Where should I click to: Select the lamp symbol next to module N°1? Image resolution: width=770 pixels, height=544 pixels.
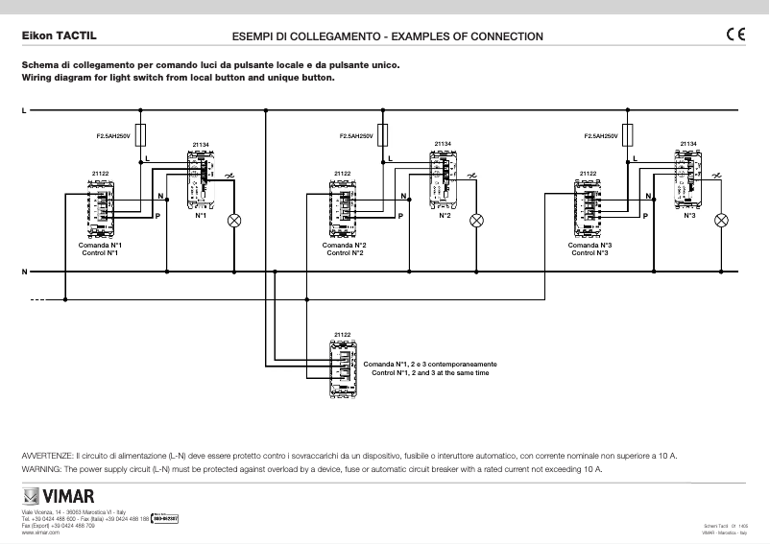[x=232, y=220]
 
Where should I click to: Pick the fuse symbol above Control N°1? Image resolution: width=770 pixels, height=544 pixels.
[x=143, y=133]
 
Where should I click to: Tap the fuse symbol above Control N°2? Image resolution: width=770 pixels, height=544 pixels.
[x=385, y=133]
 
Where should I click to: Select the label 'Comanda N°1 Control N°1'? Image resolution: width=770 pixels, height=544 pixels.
[x=99, y=249]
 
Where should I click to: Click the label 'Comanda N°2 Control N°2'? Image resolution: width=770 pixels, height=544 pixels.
[x=344, y=249]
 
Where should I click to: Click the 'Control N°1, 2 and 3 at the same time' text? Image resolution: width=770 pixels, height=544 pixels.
[x=429, y=372]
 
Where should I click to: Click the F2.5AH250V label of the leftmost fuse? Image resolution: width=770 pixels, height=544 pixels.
[x=113, y=137]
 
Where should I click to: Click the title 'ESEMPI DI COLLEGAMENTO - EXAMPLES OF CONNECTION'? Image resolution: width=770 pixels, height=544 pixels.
[x=388, y=36]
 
